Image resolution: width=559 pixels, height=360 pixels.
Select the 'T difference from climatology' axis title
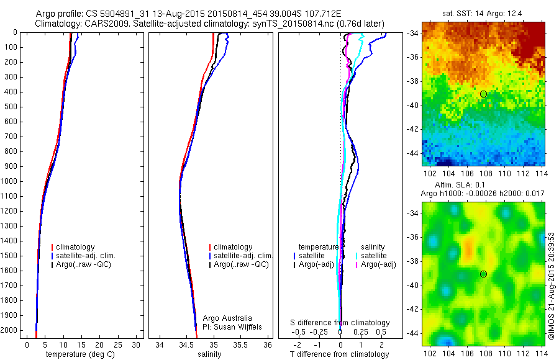[x=340, y=354]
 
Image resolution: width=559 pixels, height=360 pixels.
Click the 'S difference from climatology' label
[x=340, y=323]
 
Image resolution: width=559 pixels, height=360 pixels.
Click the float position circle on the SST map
[x=483, y=94]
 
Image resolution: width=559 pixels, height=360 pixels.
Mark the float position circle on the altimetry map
[x=483, y=274]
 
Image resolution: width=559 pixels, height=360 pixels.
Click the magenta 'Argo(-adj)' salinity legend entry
[x=379, y=264]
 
